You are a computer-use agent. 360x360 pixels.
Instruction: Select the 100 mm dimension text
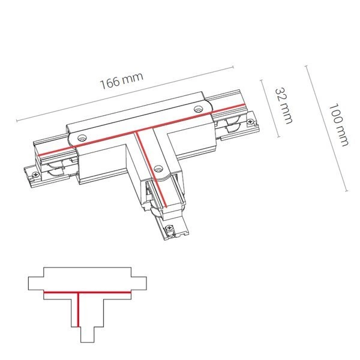click(339, 125)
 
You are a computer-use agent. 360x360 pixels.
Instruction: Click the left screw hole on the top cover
click(82, 138)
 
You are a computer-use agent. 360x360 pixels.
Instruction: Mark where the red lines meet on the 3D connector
click(137, 132)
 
